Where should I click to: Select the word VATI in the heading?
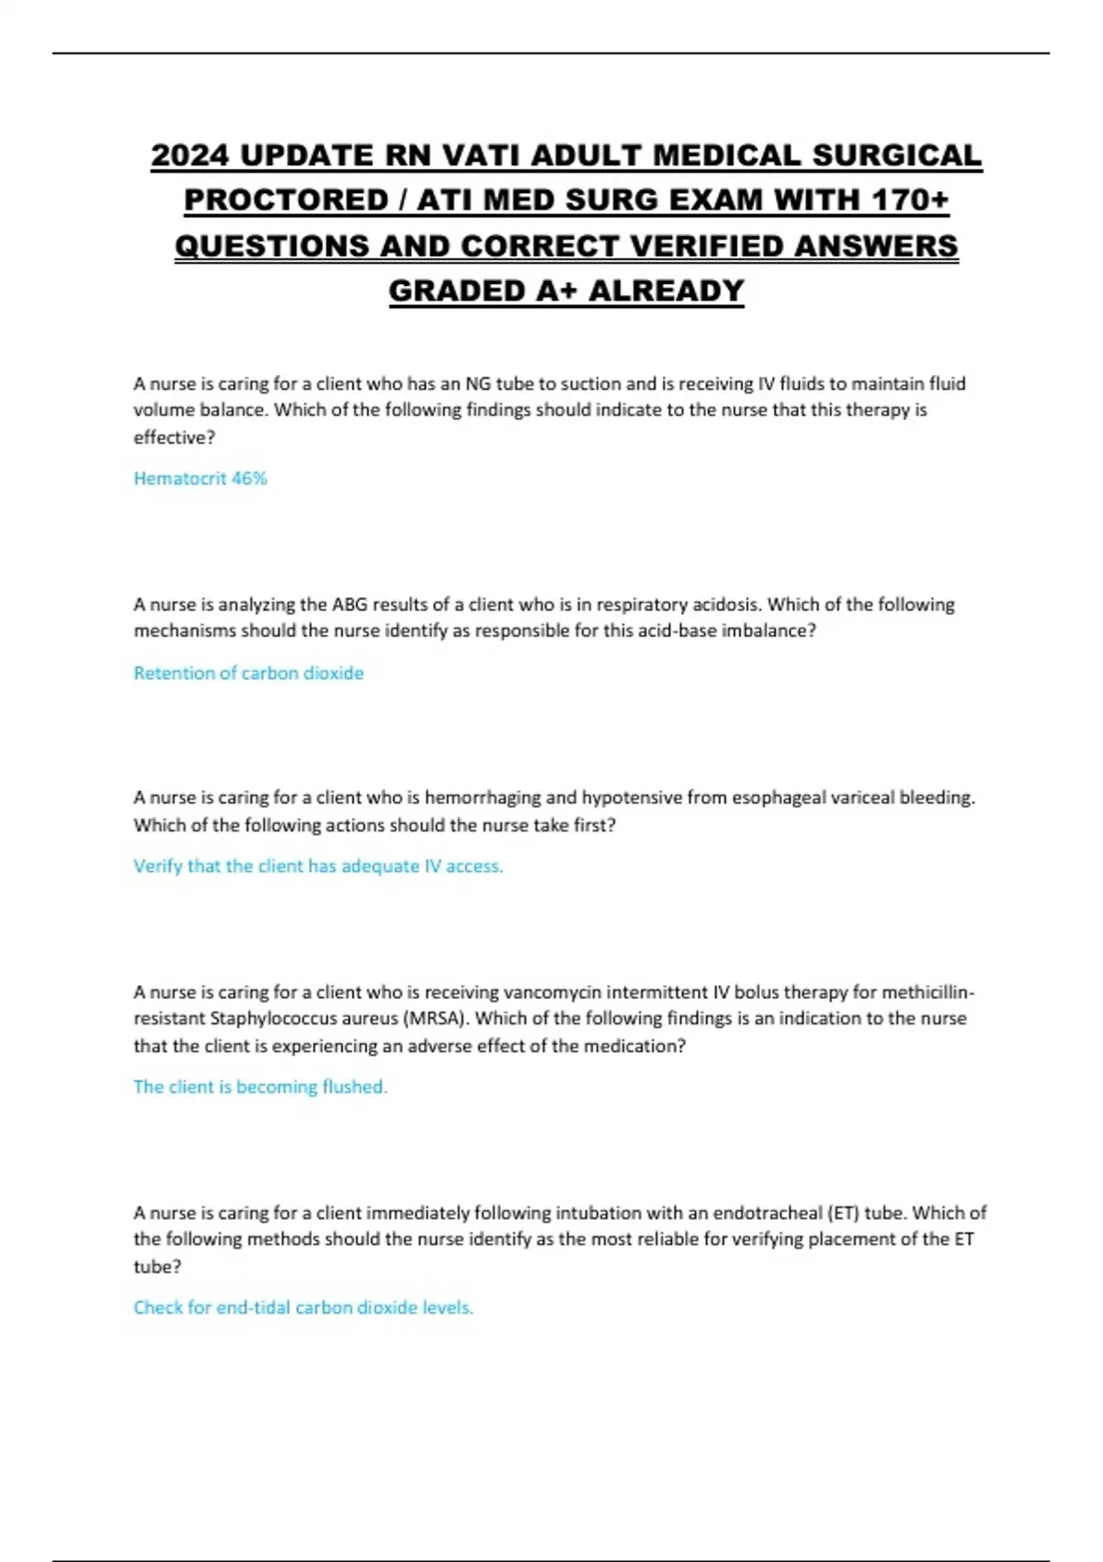click(483, 156)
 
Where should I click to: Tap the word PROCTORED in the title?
click(285, 201)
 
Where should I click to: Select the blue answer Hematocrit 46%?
click(200, 479)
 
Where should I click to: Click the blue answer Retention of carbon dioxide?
click(248, 673)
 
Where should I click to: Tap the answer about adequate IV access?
click(318, 866)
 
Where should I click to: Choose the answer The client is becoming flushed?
click(260, 1087)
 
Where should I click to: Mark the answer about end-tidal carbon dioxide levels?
click(303, 1307)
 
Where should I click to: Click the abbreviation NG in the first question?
click(478, 384)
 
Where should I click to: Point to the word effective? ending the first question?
click(175, 438)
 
